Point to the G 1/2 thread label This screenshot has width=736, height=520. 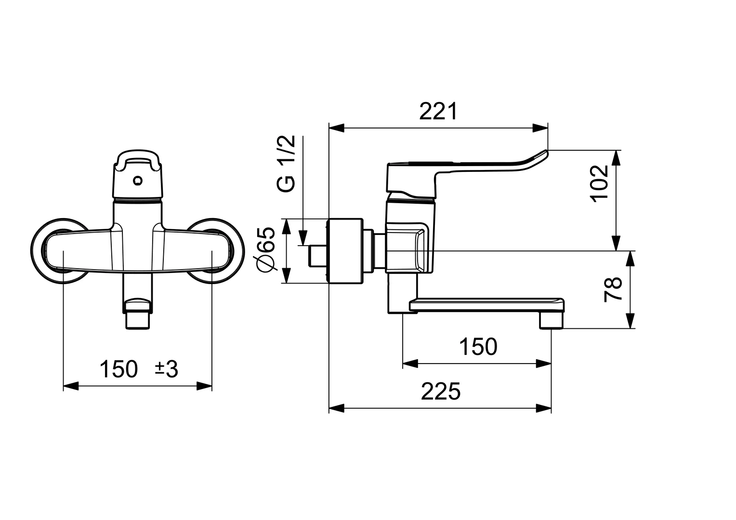(286, 164)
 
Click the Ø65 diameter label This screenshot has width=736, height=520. (266, 250)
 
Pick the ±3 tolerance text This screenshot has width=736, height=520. (166, 369)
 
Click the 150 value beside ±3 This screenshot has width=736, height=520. (118, 369)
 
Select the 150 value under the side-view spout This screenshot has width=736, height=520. (477, 347)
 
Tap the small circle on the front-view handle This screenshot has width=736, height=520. (138, 181)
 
